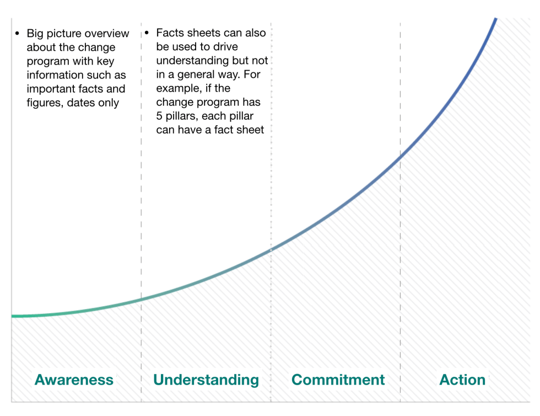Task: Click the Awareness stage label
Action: (74, 380)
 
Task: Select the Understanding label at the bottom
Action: (206, 380)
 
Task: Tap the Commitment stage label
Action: (338, 380)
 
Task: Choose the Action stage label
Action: (462, 380)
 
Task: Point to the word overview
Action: (107, 34)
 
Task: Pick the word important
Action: (48, 89)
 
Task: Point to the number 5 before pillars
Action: (159, 116)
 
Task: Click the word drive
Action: (225, 46)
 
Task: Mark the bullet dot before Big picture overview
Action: (17, 34)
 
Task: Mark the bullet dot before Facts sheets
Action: (147, 33)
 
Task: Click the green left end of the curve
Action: (12, 316)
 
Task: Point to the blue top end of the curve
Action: (495, 19)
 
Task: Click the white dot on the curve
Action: (271, 250)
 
